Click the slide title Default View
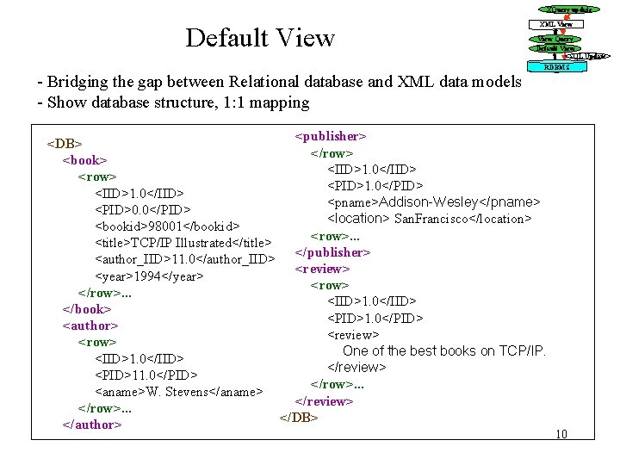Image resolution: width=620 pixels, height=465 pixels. click(x=259, y=38)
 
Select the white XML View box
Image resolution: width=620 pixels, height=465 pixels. click(x=555, y=24)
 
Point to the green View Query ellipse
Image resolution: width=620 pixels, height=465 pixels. click(x=555, y=39)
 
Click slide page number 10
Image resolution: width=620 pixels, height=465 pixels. click(x=562, y=433)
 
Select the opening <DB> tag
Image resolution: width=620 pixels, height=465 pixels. click(x=64, y=143)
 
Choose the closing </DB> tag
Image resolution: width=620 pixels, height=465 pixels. click(x=299, y=418)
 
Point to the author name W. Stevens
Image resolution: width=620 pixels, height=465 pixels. click(x=180, y=392)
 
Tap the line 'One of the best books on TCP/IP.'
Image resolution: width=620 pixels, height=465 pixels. click(x=444, y=350)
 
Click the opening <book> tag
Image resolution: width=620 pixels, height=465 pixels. click(x=84, y=160)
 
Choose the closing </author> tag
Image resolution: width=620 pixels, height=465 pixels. click(x=91, y=425)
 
